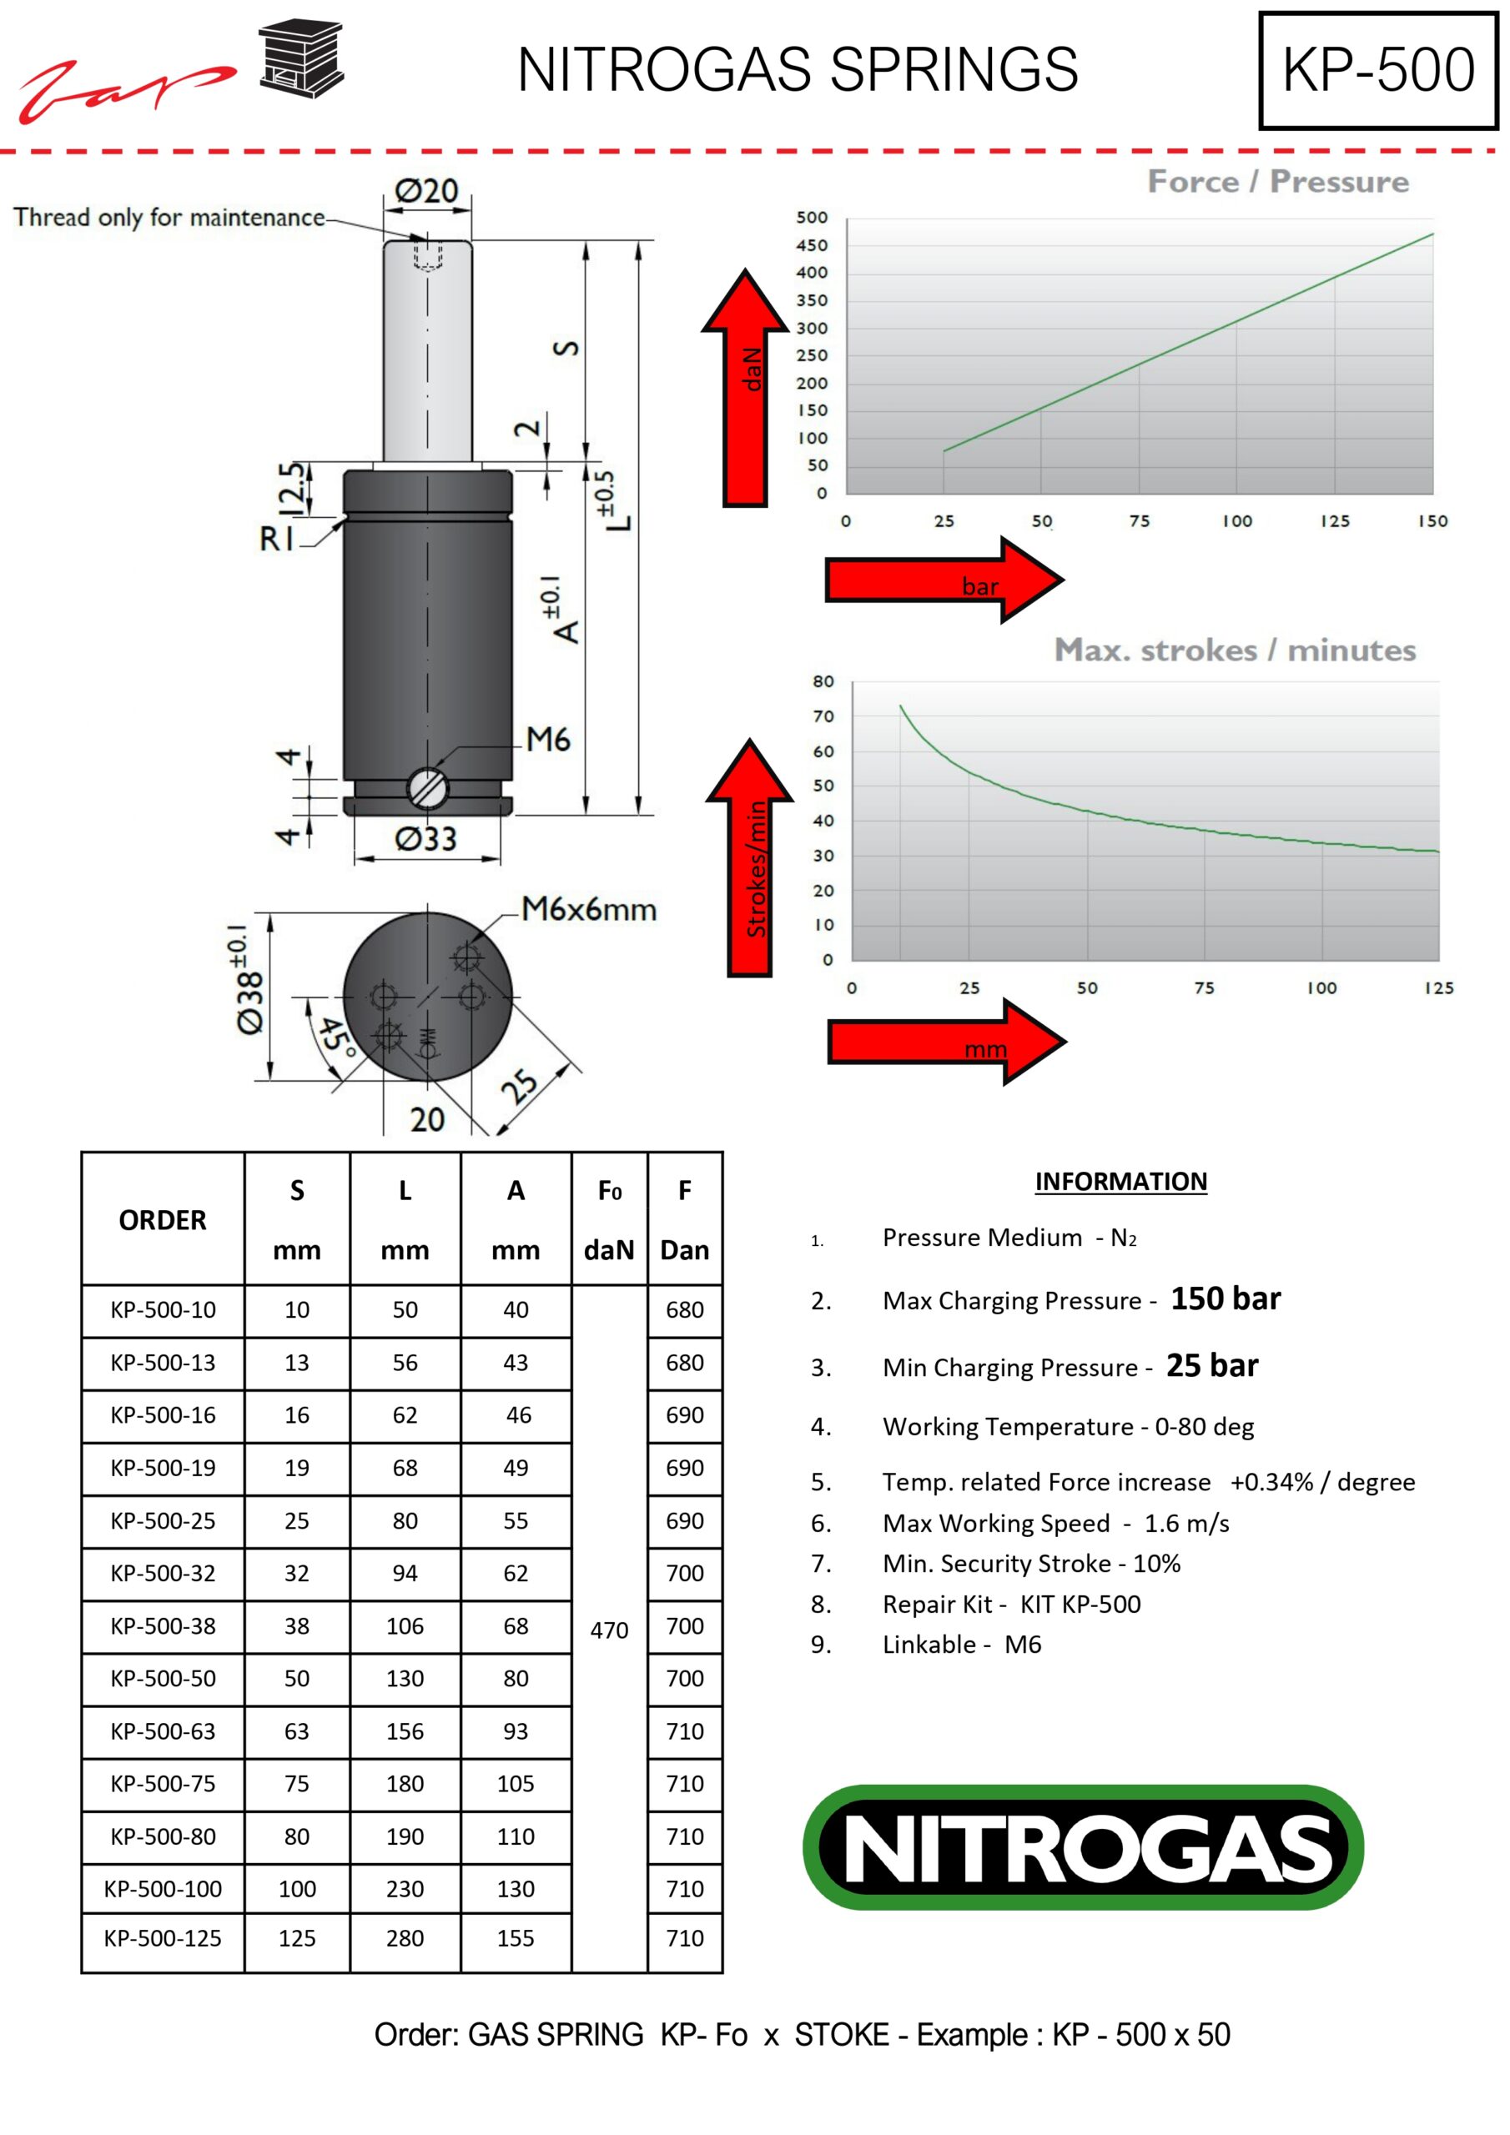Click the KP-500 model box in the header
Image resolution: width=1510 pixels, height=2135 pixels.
click(1378, 70)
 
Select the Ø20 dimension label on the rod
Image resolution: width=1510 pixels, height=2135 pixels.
click(426, 191)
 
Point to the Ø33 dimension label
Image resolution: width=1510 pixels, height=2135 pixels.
click(426, 839)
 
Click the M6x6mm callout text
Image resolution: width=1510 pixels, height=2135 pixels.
click(588, 908)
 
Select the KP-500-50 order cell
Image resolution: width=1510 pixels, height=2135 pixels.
click(163, 1679)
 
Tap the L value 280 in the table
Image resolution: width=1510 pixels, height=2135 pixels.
click(405, 1938)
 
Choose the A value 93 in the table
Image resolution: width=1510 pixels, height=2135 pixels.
click(516, 1731)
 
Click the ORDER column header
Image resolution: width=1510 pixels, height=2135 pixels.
click(163, 1220)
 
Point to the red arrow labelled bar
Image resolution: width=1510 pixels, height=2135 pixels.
click(944, 580)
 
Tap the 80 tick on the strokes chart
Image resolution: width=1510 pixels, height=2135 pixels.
click(823, 681)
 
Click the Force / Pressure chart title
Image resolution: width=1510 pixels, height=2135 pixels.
click(1277, 181)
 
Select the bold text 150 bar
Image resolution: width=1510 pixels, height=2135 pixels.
click(1226, 1299)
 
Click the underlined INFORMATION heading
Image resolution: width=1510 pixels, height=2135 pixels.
click(1121, 1181)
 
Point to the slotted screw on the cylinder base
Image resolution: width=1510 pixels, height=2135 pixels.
click(428, 789)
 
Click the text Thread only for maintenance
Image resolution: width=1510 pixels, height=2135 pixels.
click(169, 218)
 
